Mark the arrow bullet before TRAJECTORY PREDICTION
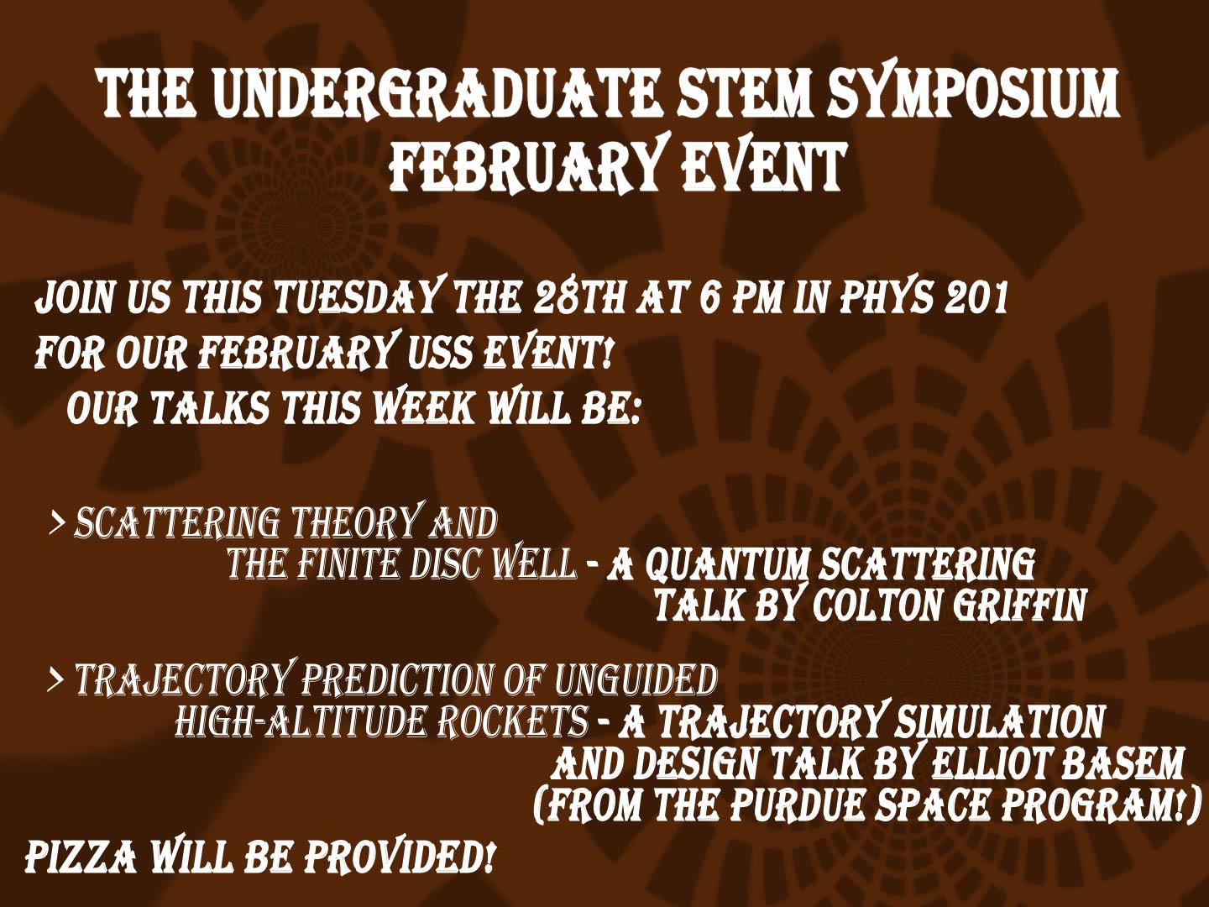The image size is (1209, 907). tap(57, 681)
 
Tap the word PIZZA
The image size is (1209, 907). tap(79, 859)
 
